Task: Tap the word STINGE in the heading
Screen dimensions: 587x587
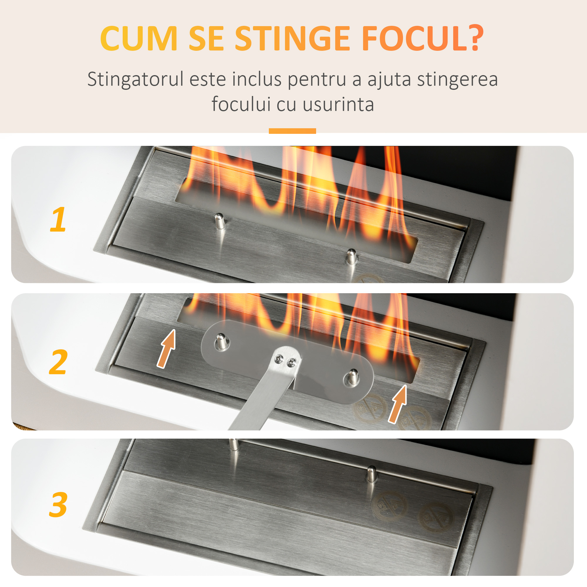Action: click(293, 38)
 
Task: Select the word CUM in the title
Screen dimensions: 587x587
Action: click(139, 38)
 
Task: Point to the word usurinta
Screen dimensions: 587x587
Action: click(338, 104)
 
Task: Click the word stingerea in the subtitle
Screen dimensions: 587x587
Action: click(457, 79)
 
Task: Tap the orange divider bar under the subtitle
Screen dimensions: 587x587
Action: click(292, 131)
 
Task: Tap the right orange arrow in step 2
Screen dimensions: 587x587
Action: click(398, 404)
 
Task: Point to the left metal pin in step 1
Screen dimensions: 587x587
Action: click(220, 221)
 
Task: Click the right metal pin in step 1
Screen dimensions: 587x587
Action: click(352, 256)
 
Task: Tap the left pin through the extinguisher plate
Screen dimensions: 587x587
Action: click(222, 342)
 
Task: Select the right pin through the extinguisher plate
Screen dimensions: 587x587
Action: click(353, 377)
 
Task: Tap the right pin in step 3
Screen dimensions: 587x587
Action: click(371, 474)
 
